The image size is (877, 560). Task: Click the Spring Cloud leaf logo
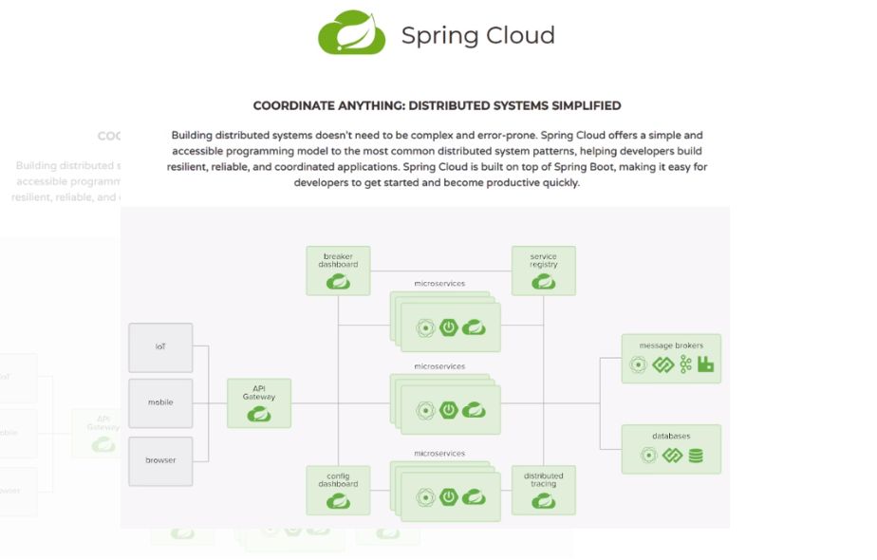tap(351, 33)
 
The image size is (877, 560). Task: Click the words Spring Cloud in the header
tap(477, 36)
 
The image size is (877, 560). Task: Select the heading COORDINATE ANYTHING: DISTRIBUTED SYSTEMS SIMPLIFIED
tap(437, 105)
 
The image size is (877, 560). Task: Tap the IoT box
tap(160, 347)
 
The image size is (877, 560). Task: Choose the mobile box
tap(160, 403)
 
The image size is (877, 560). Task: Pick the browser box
tap(160, 461)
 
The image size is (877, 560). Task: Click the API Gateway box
tap(258, 402)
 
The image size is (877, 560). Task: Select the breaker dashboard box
tap(338, 271)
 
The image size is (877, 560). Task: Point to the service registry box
tap(544, 271)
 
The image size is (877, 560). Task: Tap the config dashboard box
tap(338, 490)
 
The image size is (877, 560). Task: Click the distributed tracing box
tap(544, 490)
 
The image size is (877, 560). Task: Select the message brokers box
tap(671, 358)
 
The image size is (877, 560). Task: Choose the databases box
tap(671, 449)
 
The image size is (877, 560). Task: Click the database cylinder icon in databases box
tap(696, 456)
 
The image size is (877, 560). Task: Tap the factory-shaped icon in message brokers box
tap(705, 364)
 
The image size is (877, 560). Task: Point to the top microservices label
tap(439, 284)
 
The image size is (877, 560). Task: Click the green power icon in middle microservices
tap(449, 410)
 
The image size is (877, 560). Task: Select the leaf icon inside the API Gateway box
tap(258, 415)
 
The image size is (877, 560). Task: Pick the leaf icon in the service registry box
tap(544, 282)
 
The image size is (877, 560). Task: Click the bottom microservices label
tap(439, 454)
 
